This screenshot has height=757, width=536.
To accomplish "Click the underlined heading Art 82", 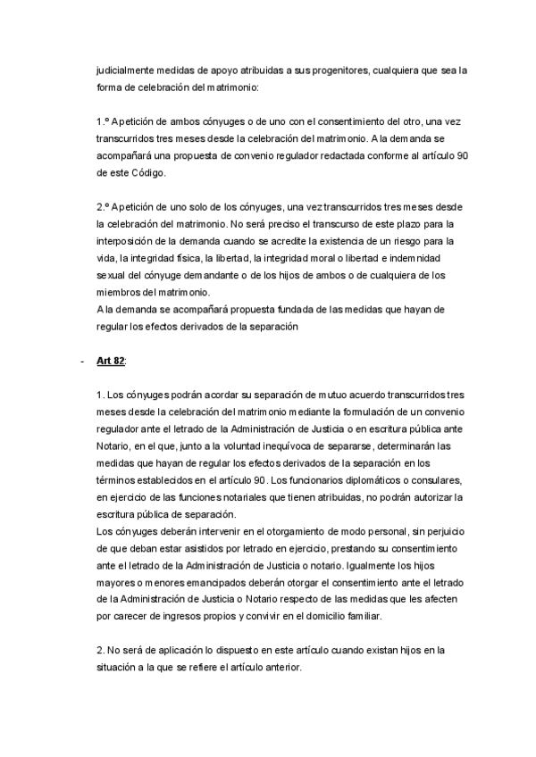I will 113,361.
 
